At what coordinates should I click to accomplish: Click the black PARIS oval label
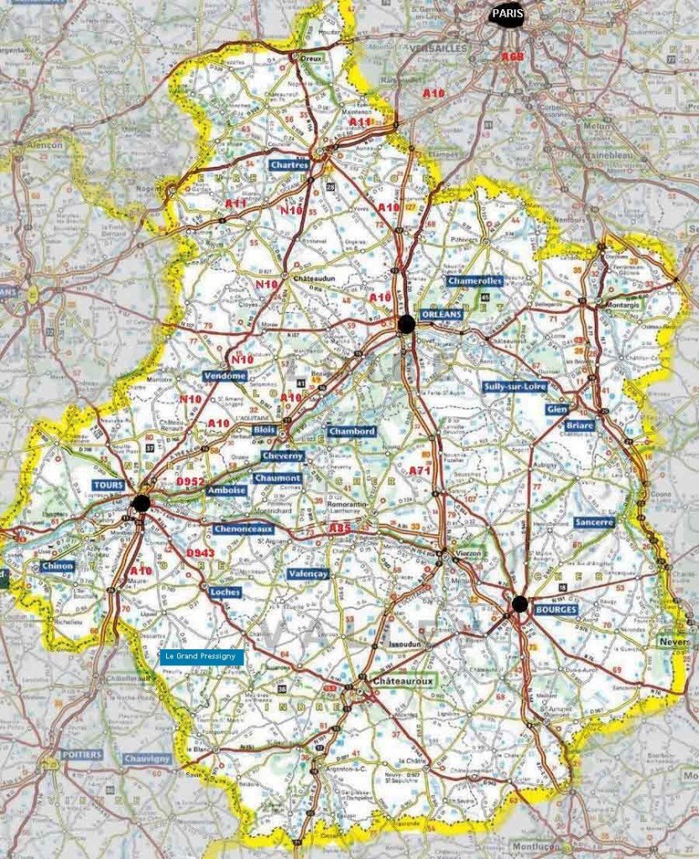(x=506, y=14)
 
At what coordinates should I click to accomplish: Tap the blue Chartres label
(x=290, y=166)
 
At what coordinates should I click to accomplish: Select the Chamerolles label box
(x=474, y=281)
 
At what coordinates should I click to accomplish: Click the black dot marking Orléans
(x=407, y=325)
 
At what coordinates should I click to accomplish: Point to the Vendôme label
(x=225, y=377)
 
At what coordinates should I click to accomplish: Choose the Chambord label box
(x=352, y=431)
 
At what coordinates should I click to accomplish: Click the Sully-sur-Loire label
(x=515, y=387)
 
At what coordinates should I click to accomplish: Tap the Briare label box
(x=580, y=425)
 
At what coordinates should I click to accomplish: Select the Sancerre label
(x=595, y=522)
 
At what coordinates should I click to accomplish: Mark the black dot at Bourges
(x=519, y=604)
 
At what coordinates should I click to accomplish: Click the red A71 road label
(x=420, y=471)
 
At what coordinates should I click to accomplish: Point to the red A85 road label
(x=340, y=528)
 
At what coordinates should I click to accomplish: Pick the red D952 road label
(x=190, y=482)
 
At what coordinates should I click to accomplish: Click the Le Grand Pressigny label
(x=201, y=657)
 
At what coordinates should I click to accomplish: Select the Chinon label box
(x=58, y=566)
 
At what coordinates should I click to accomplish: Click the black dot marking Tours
(x=141, y=502)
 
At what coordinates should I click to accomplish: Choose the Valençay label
(x=307, y=574)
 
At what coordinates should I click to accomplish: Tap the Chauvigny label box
(x=147, y=758)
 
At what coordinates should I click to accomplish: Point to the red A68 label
(x=512, y=56)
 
